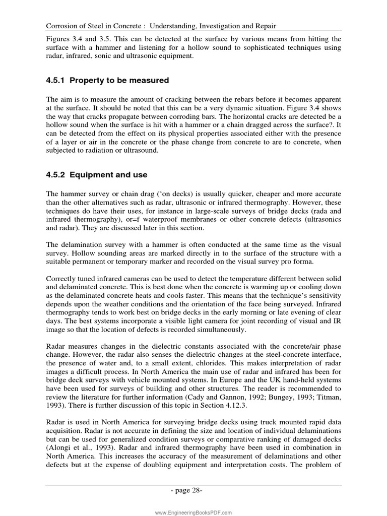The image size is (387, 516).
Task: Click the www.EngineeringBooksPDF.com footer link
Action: (x=193, y=512)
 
